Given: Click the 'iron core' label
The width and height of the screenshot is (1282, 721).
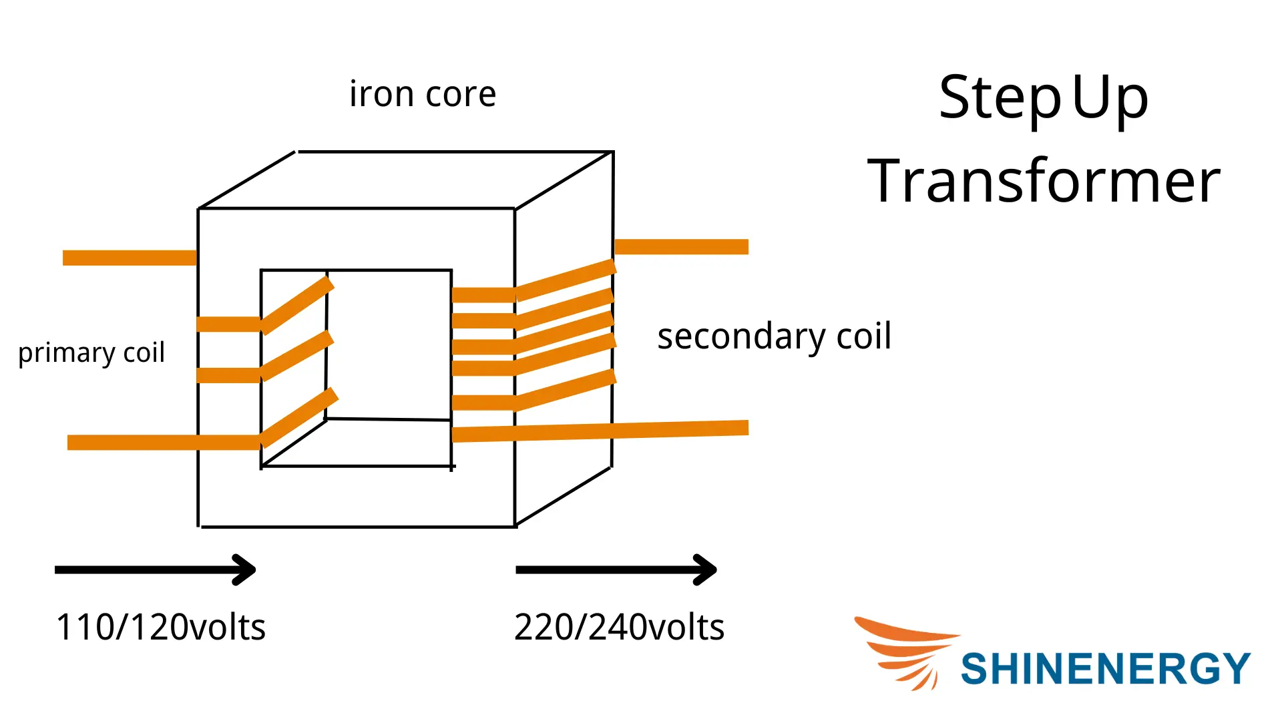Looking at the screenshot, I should (423, 94).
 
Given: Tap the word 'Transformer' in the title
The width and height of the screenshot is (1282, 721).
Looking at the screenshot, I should (1044, 181).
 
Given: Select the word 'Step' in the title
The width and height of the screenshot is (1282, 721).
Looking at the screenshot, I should (999, 97).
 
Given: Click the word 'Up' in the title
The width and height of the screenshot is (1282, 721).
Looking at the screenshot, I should (1110, 97).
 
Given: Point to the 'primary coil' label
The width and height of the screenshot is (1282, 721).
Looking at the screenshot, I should (91, 352).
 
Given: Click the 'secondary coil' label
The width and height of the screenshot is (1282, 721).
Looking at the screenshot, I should (774, 336).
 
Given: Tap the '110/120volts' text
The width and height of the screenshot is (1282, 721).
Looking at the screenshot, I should (160, 627).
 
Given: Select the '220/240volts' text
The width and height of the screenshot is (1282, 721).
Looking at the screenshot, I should (619, 627).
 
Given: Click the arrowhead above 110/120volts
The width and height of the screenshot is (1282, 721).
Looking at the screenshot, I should (244, 569).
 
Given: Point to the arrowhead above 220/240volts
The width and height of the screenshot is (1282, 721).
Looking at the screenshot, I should (706, 569).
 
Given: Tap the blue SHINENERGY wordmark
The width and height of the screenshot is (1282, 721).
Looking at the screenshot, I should (1105, 668).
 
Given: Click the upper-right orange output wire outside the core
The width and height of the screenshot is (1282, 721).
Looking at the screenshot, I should (681, 246).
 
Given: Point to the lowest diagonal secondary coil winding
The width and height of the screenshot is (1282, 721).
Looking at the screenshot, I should (565, 389).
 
